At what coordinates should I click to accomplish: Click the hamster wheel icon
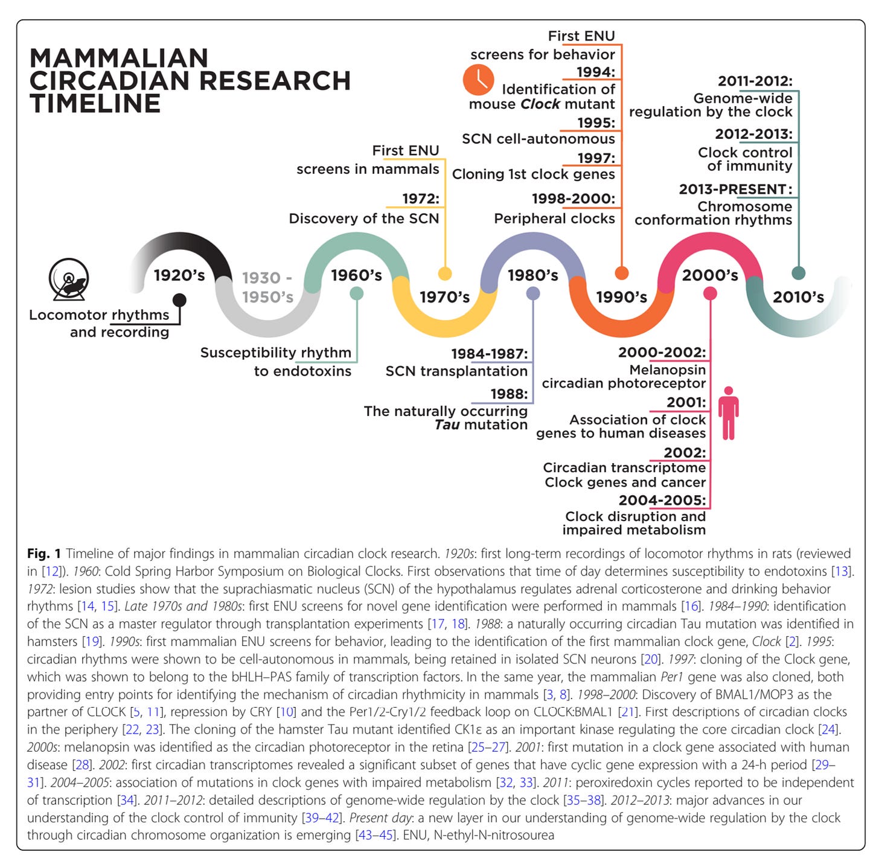[x=69, y=279]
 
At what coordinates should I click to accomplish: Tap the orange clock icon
[x=478, y=80]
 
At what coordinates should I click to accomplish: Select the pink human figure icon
[x=729, y=413]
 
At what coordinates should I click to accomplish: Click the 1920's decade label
[x=179, y=275]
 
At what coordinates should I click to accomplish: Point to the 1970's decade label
[x=444, y=296]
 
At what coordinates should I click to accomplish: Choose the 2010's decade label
[x=798, y=296]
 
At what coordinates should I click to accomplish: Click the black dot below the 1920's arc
[x=179, y=300]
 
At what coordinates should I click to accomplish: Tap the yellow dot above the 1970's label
[x=445, y=274]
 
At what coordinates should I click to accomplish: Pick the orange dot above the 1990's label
[x=621, y=274]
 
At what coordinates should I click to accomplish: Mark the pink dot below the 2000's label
[x=710, y=293]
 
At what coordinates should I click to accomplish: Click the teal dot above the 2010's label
[x=798, y=274]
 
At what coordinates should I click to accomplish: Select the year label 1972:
[x=421, y=199]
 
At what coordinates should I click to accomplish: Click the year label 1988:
[x=509, y=394]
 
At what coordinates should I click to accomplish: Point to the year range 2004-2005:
[x=662, y=500]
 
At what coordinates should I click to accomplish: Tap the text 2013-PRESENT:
[x=735, y=189]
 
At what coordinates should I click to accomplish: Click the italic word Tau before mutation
[x=447, y=425]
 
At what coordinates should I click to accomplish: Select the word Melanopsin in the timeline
[x=667, y=370]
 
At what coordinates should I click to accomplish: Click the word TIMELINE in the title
[x=95, y=103]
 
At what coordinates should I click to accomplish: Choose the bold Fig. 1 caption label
[x=44, y=553]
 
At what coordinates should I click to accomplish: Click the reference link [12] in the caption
[x=51, y=571]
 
